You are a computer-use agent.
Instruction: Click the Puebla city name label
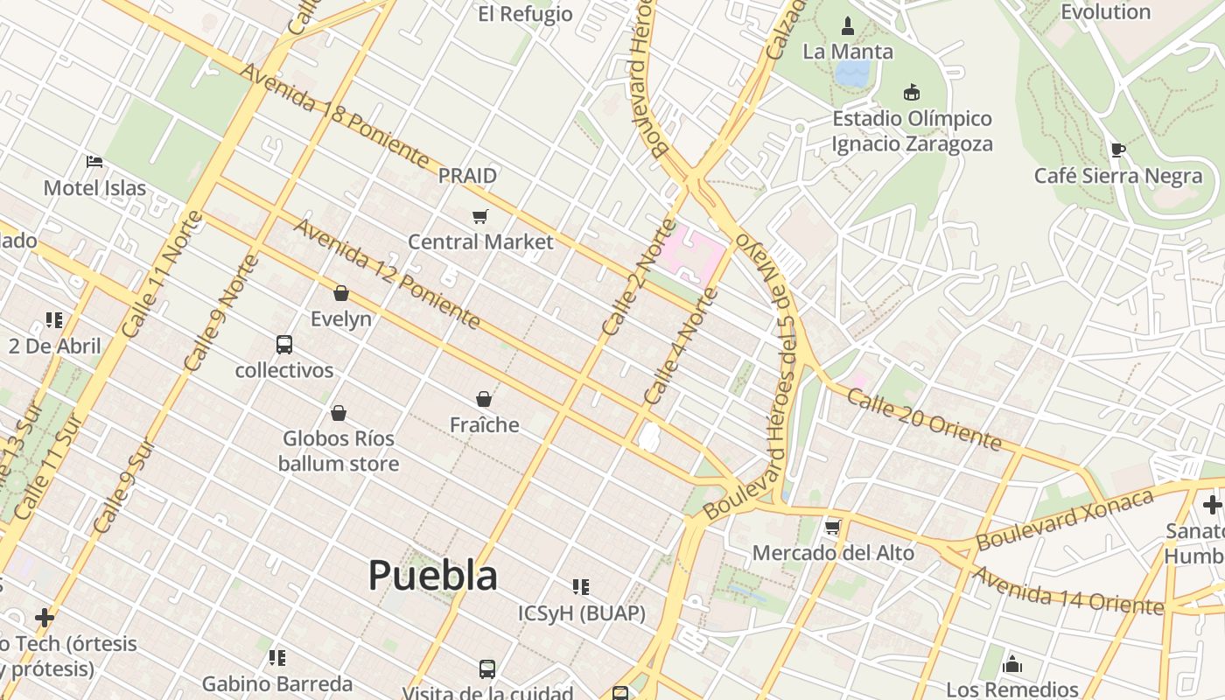pos(433,576)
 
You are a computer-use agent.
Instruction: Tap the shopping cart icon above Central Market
pos(479,216)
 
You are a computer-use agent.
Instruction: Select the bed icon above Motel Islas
pos(94,162)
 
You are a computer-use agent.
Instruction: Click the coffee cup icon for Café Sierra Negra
pos(1117,150)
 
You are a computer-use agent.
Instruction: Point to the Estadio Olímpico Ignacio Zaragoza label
pos(912,131)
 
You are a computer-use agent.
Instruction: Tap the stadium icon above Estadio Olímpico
pos(912,92)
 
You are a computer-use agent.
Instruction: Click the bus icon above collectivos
pos(284,345)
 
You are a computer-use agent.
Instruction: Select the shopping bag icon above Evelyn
pos(341,293)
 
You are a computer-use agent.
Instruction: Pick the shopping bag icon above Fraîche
pos(484,400)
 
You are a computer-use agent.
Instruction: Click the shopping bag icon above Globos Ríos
pos(339,413)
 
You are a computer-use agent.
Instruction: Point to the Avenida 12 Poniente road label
pos(387,274)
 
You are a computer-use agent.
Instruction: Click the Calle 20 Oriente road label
pos(924,419)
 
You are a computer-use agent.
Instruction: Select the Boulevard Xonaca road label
pos(1065,520)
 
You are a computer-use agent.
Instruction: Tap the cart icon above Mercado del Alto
pos(833,527)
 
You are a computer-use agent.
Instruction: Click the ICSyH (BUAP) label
pos(582,613)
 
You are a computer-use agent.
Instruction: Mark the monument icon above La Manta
pos(847,25)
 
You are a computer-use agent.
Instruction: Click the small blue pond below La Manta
pos(851,73)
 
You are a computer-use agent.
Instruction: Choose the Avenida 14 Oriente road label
pos(1067,591)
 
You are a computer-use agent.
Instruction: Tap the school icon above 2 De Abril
pos(54,320)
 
